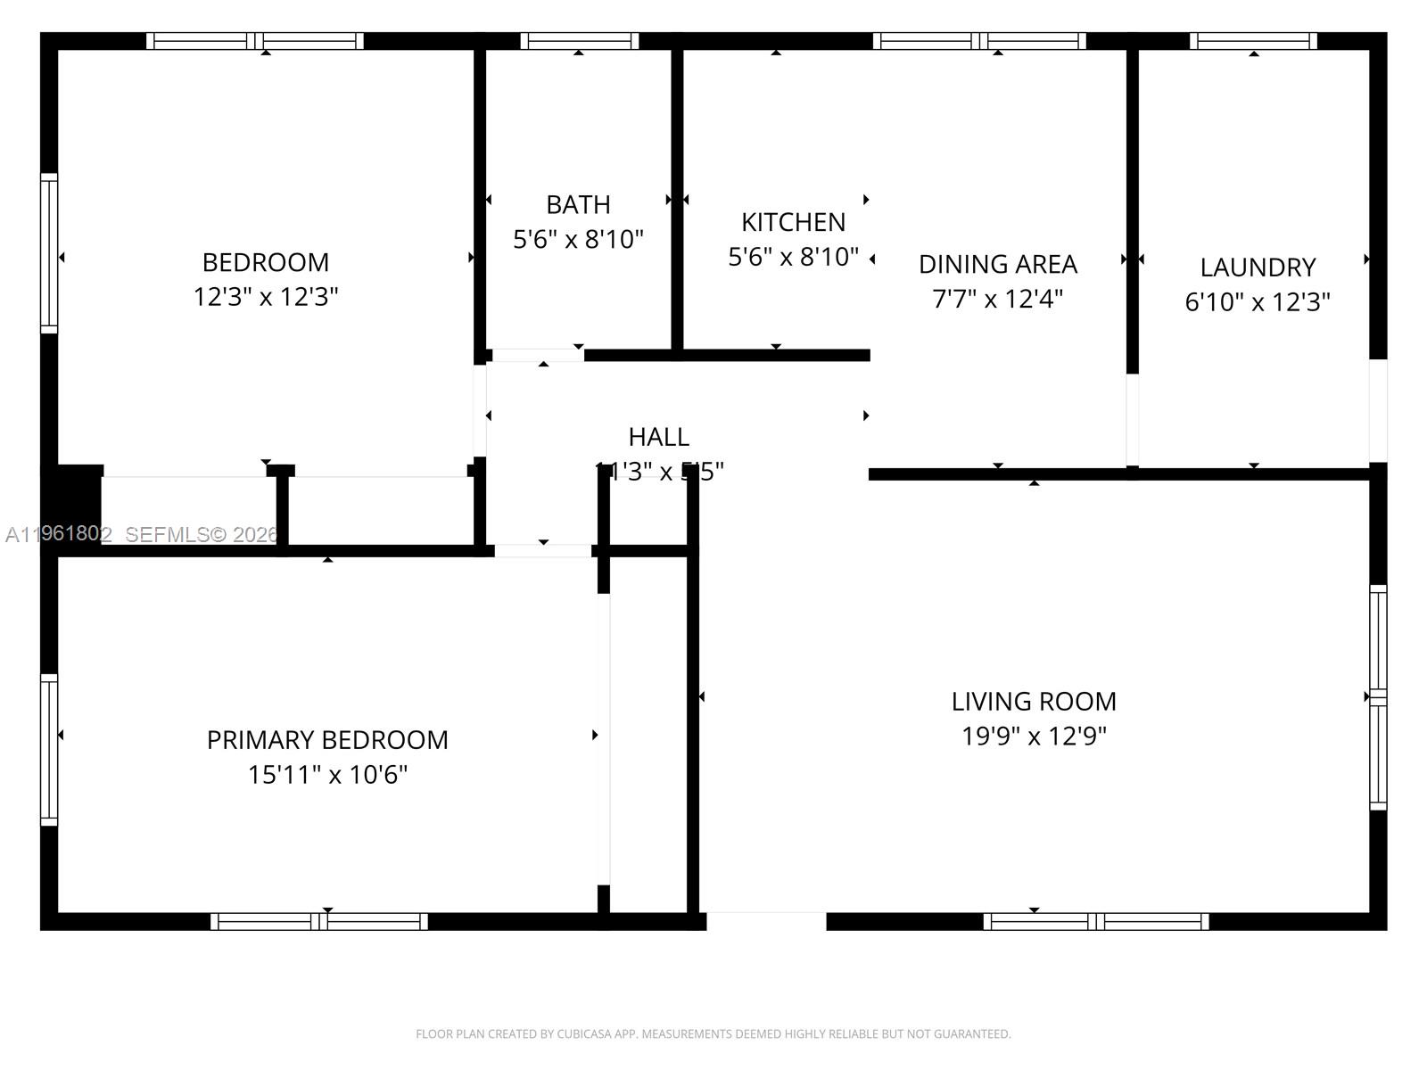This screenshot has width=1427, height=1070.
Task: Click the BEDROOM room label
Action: tap(266, 262)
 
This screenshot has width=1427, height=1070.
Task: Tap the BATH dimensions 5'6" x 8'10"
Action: tap(578, 239)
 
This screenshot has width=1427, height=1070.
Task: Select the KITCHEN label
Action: tap(793, 222)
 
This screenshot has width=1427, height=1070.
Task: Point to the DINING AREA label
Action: tap(998, 264)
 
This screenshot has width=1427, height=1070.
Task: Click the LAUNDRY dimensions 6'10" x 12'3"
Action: tap(1257, 301)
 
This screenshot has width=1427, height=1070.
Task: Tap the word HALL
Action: tap(658, 437)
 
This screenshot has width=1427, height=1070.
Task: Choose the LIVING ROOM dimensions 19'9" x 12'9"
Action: tap(1034, 736)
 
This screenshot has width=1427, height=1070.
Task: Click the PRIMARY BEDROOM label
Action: tap(327, 740)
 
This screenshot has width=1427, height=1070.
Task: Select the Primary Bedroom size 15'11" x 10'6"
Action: tap(327, 774)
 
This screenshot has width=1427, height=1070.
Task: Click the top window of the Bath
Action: tap(579, 41)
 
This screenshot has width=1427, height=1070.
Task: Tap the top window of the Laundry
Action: tap(1253, 41)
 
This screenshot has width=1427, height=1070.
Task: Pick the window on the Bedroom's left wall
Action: tap(49, 253)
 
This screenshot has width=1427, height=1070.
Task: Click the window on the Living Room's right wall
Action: tap(1378, 697)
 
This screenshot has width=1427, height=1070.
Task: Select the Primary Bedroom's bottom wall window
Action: tap(319, 921)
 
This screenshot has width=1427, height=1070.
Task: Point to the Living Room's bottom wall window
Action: tap(1096, 921)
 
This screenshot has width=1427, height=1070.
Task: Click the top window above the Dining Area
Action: tap(979, 41)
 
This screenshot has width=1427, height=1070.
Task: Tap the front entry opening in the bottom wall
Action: tap(766, 921)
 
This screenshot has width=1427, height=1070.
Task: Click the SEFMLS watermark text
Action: tap(202, 534)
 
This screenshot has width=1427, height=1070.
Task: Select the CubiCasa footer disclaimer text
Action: tap(713, 1034)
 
